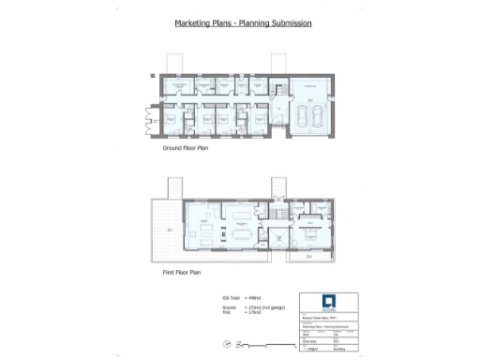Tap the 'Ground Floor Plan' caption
[x=185, y=148]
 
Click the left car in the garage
[x=302, y=116]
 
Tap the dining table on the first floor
[x=243, y=234]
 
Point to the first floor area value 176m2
[x=247, y=311]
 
